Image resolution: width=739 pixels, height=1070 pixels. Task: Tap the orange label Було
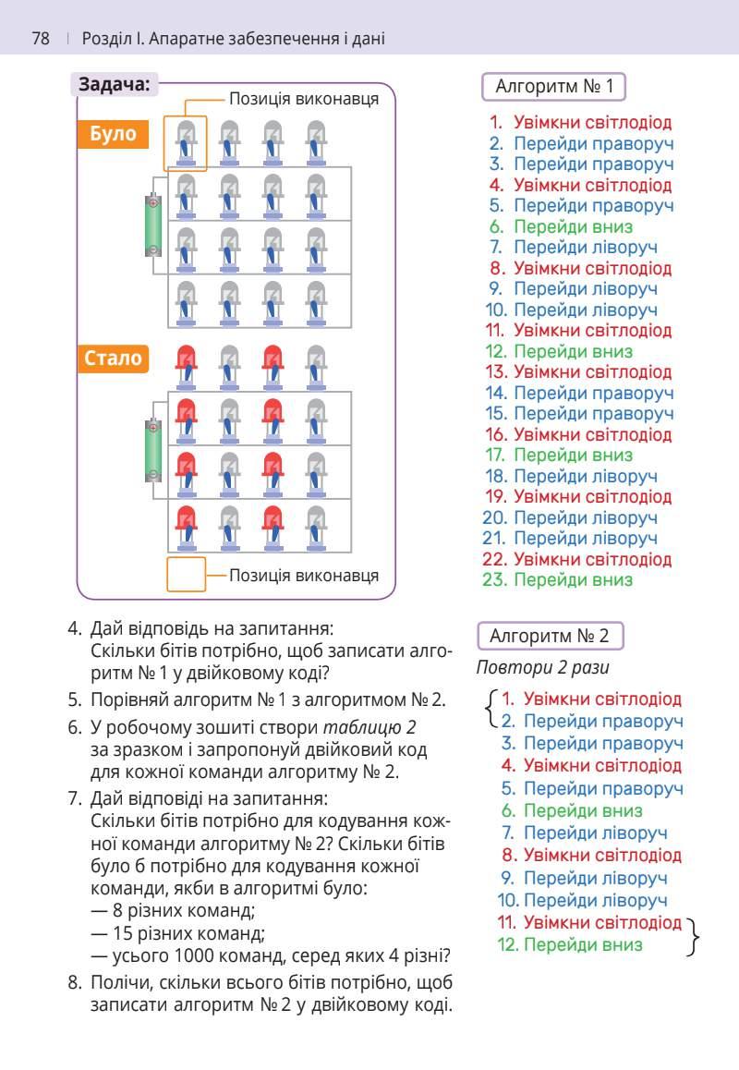pyautogui.click(x=113, y=134)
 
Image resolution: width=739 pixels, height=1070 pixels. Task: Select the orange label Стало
pyautogui.click(x=114, y=358)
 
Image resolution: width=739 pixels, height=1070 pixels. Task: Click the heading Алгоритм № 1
pyautogui.click(x=554, y=87)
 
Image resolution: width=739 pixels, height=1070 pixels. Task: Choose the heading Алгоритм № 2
pyautogui.click(x=550, y=636)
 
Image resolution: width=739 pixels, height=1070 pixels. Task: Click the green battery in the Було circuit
pyautogui.click(x=153, y=224)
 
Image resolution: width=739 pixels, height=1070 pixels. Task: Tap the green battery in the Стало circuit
pyautogui.click(x=153, y=449)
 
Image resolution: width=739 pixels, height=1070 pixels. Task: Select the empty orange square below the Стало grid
pyautogui.click(x=186, y=574)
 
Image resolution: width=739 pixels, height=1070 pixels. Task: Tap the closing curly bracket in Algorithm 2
pyautogui.click(x=694, y=934)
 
